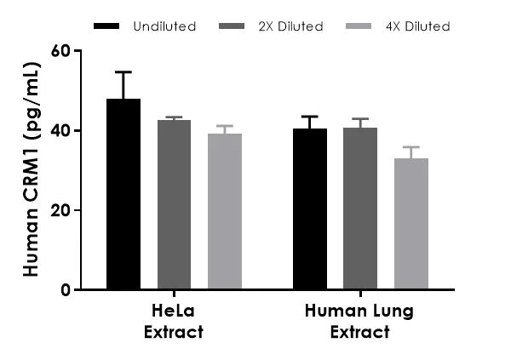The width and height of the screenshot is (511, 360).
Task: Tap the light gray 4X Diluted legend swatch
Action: click(x=360, y=26)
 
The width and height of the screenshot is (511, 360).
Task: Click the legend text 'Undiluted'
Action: click(x=164, y=26)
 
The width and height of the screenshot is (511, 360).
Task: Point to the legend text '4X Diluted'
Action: click(x=416, y=26)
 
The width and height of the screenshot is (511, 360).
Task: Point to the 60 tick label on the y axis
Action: click(x=59, y=50)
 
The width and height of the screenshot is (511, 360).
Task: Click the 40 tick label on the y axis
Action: click(x=59, y=130)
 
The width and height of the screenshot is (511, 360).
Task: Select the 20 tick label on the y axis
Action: click(x=59, y=210)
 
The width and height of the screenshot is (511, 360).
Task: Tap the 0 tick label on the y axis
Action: click(x=64, y=289)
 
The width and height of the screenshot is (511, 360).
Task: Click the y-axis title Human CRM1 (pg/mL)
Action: click(x=31, y=170)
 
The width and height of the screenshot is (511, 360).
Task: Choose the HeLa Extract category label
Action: click(x=174, y=321)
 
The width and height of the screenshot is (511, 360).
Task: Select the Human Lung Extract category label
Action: click(x=360, y=321)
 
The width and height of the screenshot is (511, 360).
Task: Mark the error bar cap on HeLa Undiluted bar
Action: click(x=123, y=72)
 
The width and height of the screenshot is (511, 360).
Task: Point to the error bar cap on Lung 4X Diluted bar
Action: click(x=411, y=147)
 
